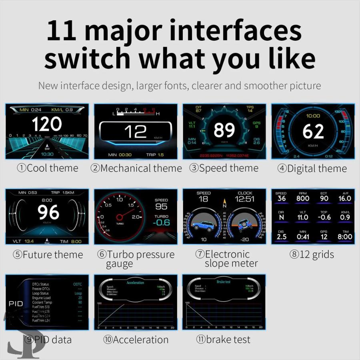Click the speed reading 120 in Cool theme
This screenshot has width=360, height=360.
[47, 124]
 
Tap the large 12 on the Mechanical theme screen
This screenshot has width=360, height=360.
[135, 132]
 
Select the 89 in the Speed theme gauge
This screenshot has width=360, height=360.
[224, 130]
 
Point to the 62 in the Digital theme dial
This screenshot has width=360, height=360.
[313, 131]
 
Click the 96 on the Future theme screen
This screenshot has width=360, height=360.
[48, 212]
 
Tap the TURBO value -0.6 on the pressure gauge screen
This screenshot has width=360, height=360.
[161, 222]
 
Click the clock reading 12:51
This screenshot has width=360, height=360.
[245, 199]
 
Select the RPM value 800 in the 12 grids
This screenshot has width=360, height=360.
[303, 198]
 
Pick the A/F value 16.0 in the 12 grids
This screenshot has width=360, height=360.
[344, 198]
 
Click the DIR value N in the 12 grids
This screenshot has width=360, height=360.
[281, 217]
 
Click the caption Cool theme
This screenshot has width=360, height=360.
[48, 168]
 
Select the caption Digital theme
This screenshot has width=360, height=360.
[312, 168]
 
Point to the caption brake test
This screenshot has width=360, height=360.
[224, 340]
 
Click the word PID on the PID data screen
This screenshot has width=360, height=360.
[16, 304]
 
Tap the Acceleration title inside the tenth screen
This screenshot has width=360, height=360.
[135, 282]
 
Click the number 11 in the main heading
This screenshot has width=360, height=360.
[62, 31]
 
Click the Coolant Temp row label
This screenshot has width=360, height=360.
[42, 302]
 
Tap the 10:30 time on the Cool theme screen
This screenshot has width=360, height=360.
[47, 154]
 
